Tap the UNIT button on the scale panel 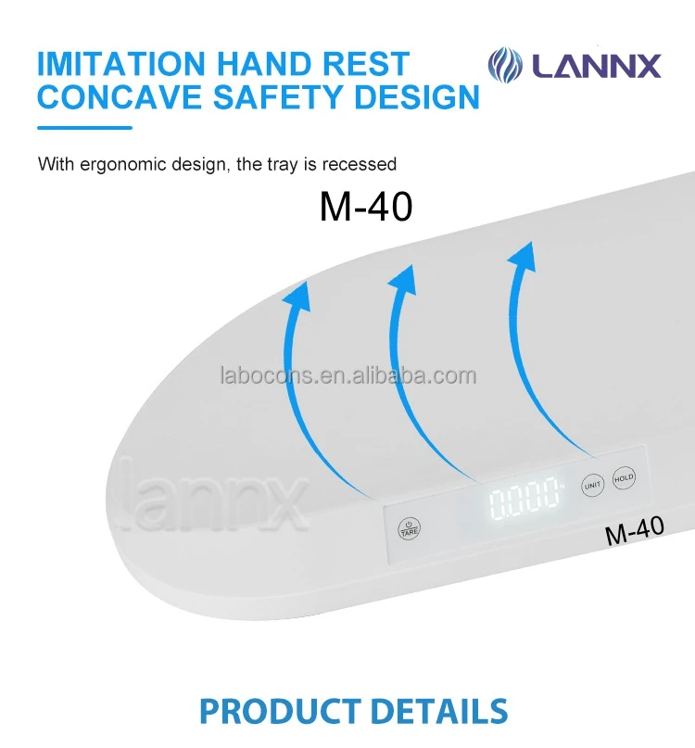click(591, 485)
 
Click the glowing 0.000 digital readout click(525, 501)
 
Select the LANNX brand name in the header click(595, 67)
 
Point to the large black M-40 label click(365, 207)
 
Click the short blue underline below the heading click(84, 127)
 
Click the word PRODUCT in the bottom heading click(278, 711)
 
